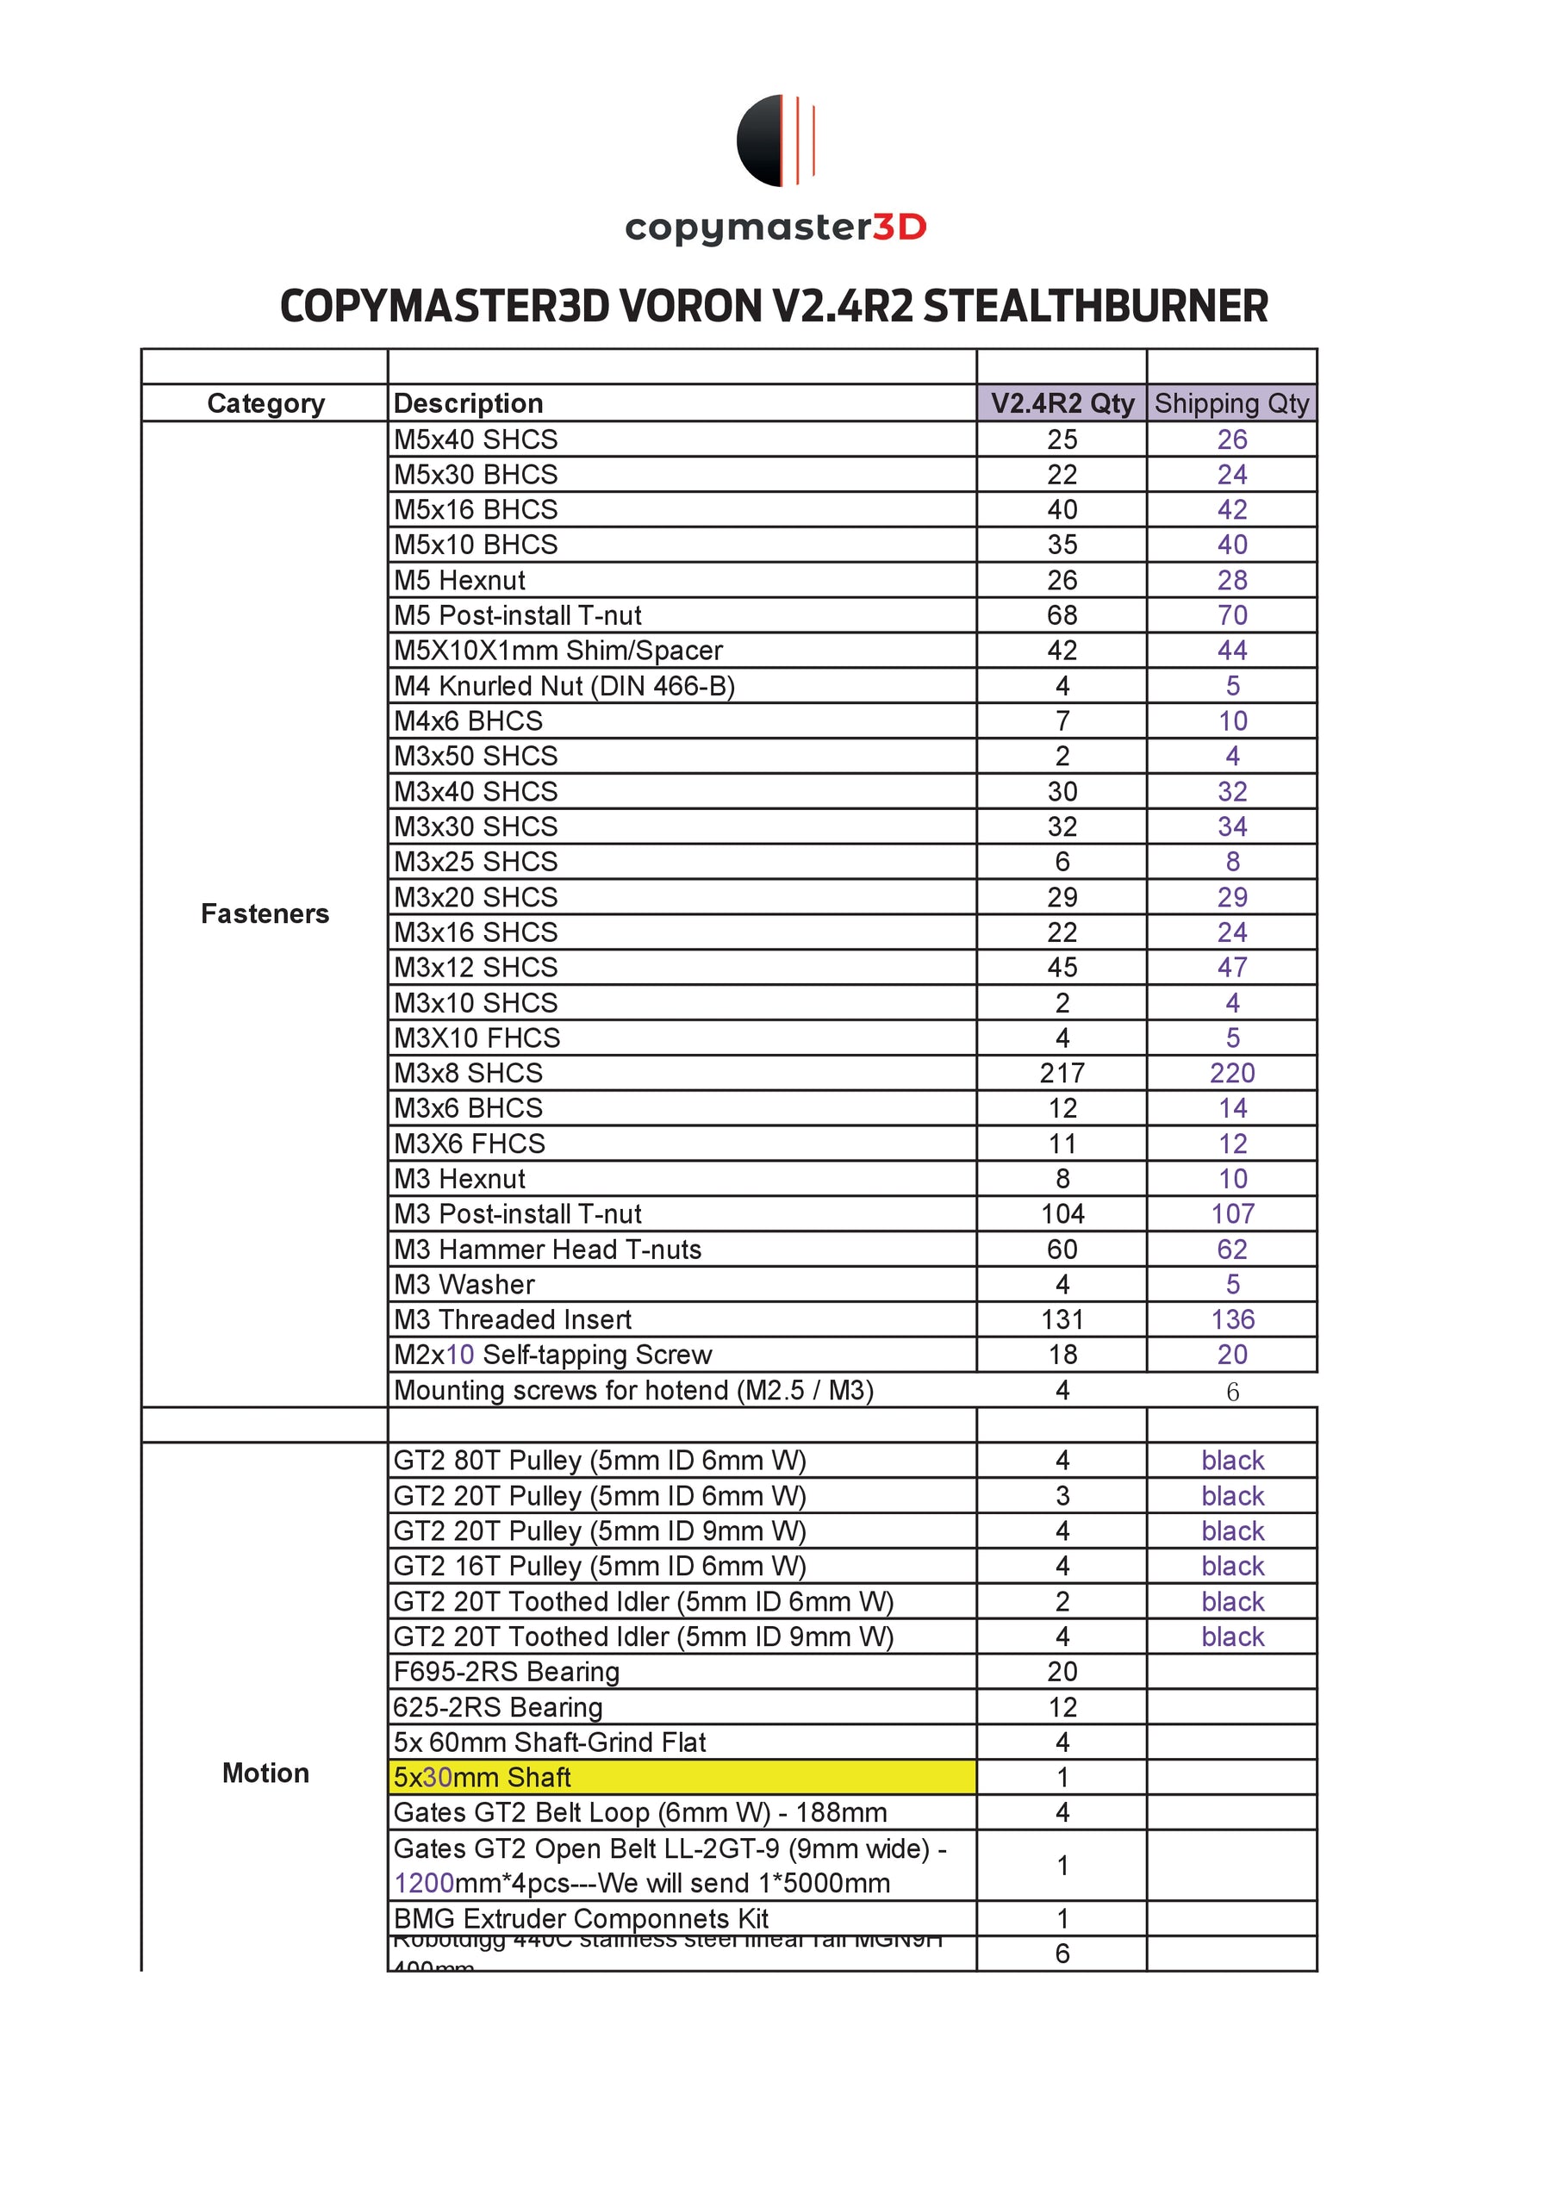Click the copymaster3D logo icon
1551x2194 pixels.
(775, 140)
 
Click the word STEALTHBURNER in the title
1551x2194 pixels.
(1095, 307)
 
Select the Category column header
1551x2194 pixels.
(265, 403)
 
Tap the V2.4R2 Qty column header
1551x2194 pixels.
(1062, 403)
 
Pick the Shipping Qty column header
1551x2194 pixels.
(1232, 403)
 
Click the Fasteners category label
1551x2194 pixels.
(265, 913)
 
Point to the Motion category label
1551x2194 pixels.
(265, 1773)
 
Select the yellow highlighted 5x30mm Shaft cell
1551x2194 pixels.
(682, 1776)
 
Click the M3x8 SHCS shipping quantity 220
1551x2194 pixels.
(1232, 1073)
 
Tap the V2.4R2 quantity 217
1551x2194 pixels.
(1062, 1073)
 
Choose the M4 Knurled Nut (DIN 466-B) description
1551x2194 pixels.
(564, 686)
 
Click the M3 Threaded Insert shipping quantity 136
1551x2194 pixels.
(1232, 1319)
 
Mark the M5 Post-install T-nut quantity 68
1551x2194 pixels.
(1062, 615)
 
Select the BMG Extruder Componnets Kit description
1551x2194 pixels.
(581, 1918)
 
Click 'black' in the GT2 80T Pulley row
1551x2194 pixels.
(1232, 1460)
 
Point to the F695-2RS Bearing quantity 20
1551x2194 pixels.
(1062, 1671)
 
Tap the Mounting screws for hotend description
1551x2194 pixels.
(633, 1390)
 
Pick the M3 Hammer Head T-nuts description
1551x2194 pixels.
(547, 1249)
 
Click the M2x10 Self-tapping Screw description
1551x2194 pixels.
(552, 1354)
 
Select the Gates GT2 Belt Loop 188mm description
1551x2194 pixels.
(640, 1811)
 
